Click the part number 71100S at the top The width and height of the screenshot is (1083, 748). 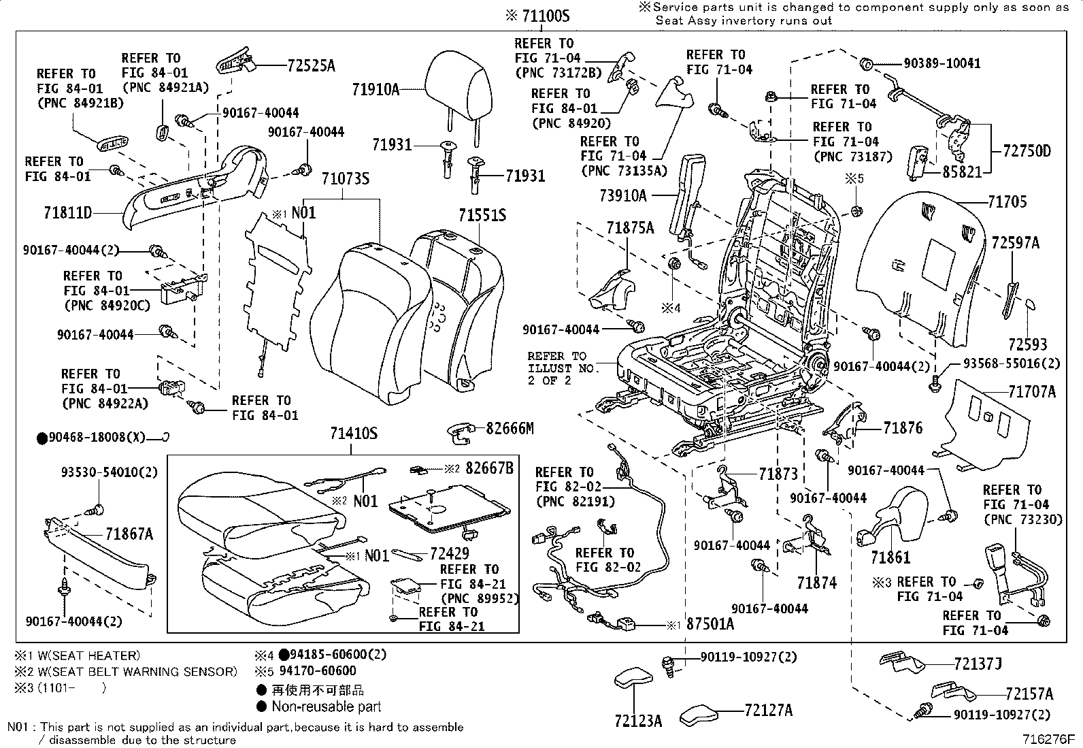(x=545, y=15)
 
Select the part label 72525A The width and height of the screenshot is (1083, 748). (x=312, y=66)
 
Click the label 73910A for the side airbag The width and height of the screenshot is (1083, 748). (x=622, y=196)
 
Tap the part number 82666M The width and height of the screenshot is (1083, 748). (x=510, y=428)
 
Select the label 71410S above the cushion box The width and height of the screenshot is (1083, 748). (x=354, y=433)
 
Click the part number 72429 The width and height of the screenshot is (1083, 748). (x=450, y=554)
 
